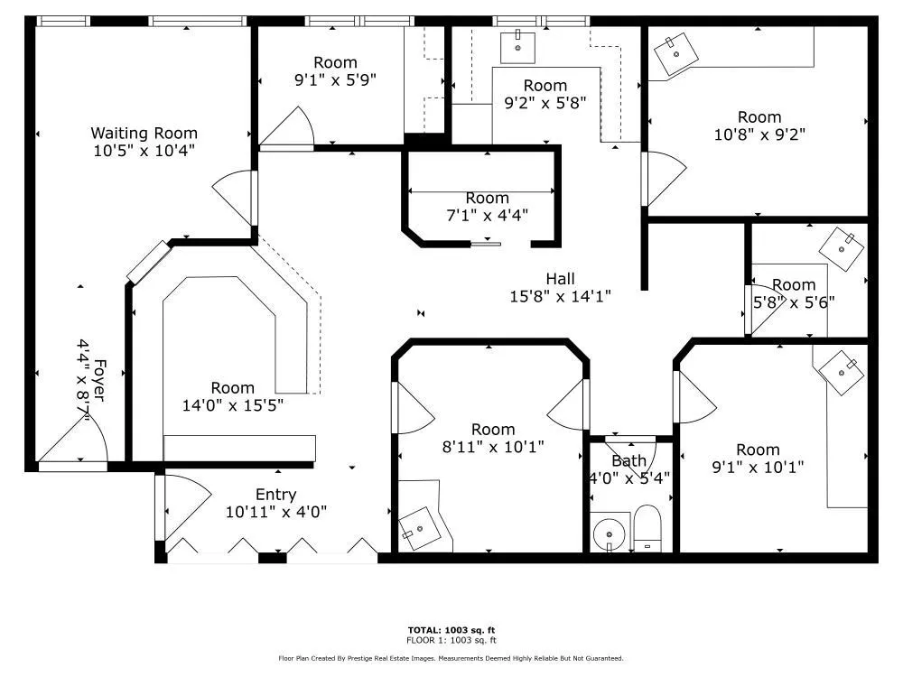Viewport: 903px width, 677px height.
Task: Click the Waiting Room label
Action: pos(144,133)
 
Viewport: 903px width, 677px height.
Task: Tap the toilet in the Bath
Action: pos(647,528)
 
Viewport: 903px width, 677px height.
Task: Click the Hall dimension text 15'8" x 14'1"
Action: pos(560,296)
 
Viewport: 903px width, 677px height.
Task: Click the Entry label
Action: pos(275,495)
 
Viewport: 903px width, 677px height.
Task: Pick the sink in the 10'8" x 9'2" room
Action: pos(676,54)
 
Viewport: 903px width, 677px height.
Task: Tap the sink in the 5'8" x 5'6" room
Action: pos(842,249)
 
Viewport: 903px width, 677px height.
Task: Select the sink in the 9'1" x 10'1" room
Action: pos(842,373)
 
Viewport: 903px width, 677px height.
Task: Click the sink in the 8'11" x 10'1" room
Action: pos(421,528)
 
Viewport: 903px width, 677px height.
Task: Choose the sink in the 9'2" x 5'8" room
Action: pos(517,47)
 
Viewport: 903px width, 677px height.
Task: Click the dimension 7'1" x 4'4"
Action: pos(488,216)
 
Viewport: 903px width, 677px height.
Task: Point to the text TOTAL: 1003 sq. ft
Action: pos(451,630)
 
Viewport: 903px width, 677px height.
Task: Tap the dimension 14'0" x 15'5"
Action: pos(233,405)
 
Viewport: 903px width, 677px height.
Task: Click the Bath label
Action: pos(628,460)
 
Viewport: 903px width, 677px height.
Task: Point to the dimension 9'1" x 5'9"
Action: pos(335,79)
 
